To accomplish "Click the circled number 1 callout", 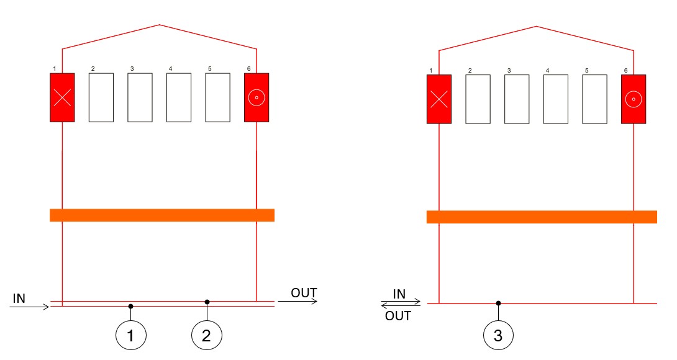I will click(130, 336).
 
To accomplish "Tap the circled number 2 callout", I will click(207, 336).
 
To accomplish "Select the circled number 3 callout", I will click(498, 336).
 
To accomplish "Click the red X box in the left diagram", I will click(62, 97).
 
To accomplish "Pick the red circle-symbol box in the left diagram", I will click(257, 97).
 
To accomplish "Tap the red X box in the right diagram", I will click(439, 99).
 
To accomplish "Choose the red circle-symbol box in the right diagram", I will click(634, 99).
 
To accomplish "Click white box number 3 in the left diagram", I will click(140, 97).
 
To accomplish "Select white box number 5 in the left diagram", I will click(217, 97).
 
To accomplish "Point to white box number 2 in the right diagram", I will click(478, 99).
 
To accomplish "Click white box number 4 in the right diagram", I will click(555, 99).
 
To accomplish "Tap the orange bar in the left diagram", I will click(162, 215).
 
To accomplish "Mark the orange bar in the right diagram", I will click(542, 217).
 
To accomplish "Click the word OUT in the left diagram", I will click(304, 293).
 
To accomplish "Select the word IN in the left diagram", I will click(19, 299).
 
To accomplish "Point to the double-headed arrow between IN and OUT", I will click(401, 304).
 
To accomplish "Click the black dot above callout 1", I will click(130, 306).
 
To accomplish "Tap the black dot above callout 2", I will click(207, 302).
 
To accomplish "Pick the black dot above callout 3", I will click(498, 304).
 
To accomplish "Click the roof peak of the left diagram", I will click(160, 25).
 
